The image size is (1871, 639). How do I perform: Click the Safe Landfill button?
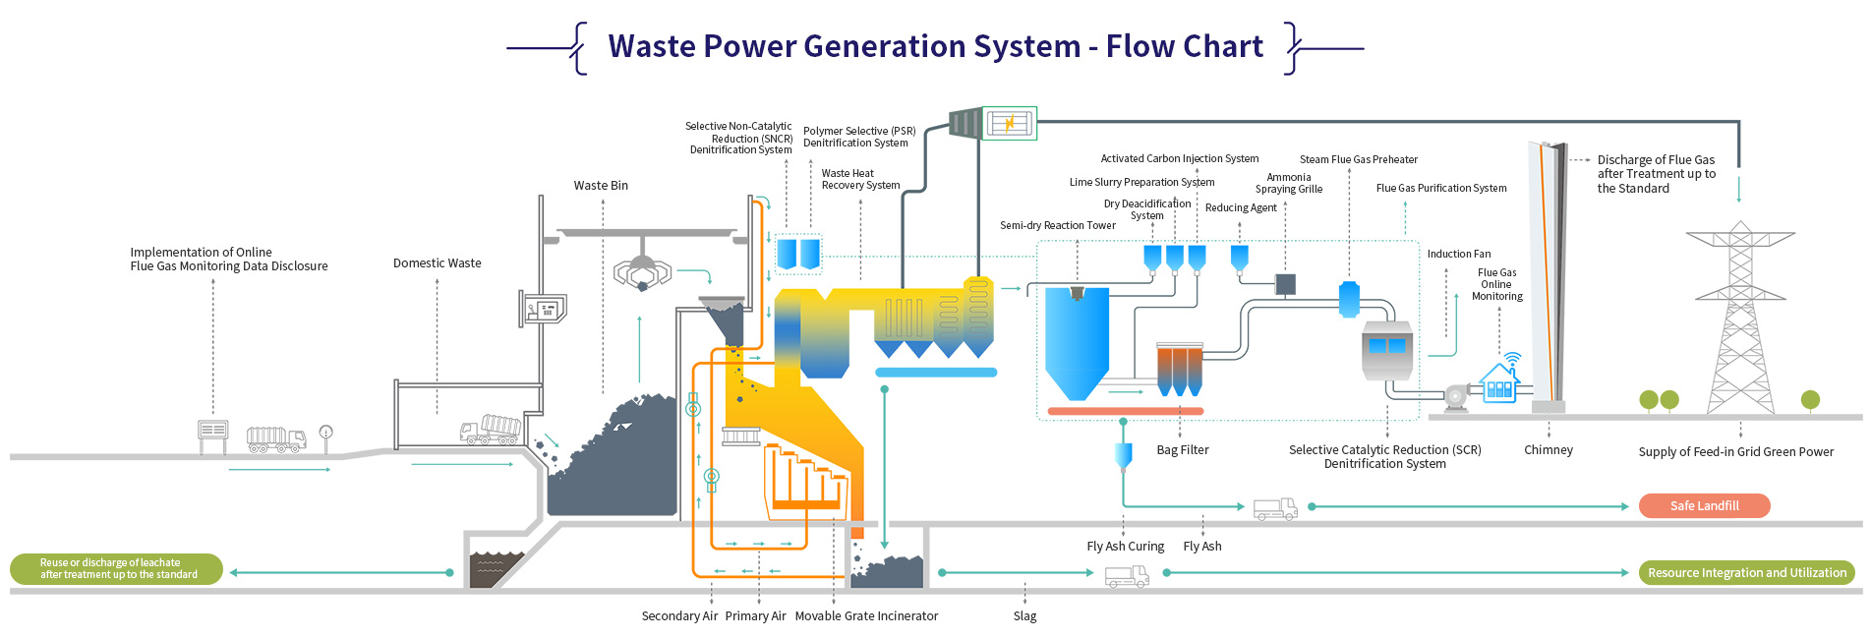[x=1704, y=506]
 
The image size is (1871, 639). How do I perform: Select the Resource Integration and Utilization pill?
[x=1746, y=573]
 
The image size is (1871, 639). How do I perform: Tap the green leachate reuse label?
[x=117, y=569]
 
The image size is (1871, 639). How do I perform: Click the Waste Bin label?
[x=601, y=186]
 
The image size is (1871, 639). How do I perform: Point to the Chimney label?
[x=1548, y=450]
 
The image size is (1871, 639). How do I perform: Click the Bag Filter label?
[x=1182, y=450]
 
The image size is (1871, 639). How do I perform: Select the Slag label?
[x=1024, y=616]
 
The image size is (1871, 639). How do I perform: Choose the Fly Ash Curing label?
[x=1125, y=547]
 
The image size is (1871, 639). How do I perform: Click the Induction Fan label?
[x=1458, y=255]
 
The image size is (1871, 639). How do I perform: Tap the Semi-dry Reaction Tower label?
[x=1057, y=226]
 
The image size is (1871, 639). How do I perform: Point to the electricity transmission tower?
[x=1739, y=319]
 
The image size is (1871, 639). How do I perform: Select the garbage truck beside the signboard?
[x=275, y=438]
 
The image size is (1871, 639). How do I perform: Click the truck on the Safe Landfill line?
[x=1275, y=508]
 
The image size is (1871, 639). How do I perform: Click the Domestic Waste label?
[x=437, y=263]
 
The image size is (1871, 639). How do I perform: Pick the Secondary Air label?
[x=679, y=616]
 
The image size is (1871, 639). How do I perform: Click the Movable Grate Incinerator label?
[x=866, y=616]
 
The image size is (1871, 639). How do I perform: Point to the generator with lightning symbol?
[x=1010, y=123]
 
